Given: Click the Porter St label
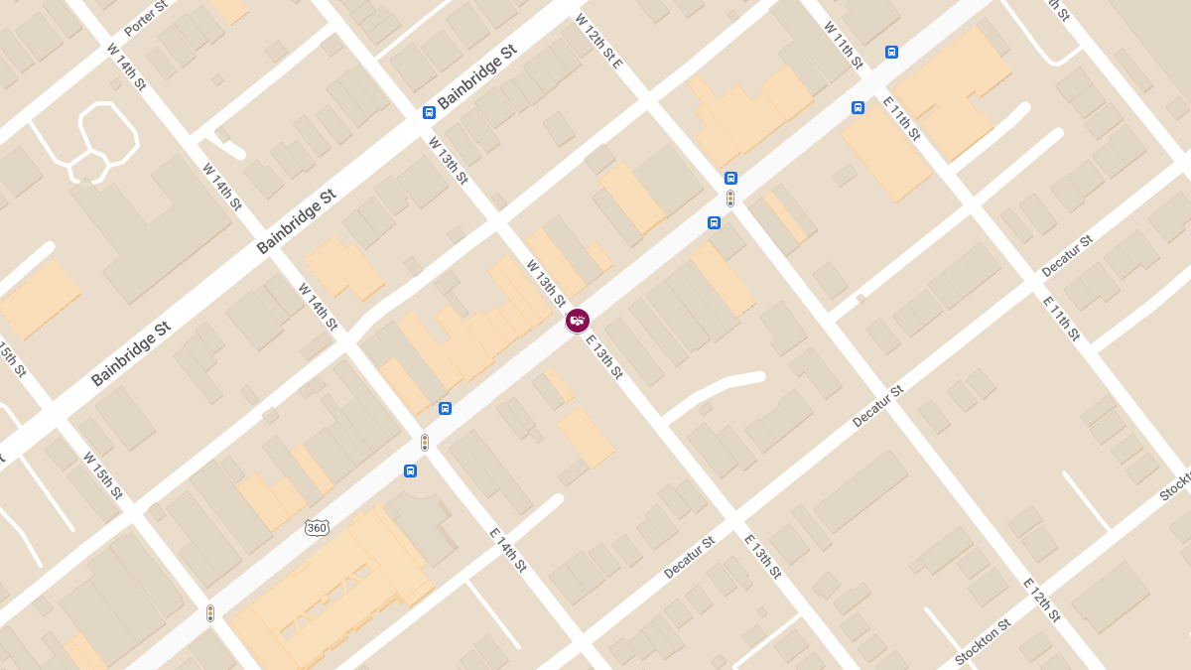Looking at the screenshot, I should (145, 19).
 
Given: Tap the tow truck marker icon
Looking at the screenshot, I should (578, 321).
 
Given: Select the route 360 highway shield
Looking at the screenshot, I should (317, 527).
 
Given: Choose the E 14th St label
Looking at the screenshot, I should (507, 550).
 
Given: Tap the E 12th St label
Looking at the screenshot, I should (1043, 603).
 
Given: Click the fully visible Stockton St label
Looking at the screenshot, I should (982, 642).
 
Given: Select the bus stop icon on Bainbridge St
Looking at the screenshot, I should (429, 112).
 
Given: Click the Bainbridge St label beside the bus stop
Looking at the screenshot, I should (477, 76).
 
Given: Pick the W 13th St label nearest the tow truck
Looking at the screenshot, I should (546, 284).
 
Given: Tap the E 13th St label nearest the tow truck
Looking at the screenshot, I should (603, 357).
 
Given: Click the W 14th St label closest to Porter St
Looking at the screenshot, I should (126, 67).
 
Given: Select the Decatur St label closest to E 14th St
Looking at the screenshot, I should (689, 558).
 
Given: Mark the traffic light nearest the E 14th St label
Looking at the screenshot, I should (425, 443).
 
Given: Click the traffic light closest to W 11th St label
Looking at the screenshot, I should (730, 199).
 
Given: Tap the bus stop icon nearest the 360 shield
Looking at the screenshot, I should (410, 470).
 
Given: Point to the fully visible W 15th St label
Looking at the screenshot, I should (103, 475).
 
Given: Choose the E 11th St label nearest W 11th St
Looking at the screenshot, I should (902, 119).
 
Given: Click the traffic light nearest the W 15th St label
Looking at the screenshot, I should (210, 613).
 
